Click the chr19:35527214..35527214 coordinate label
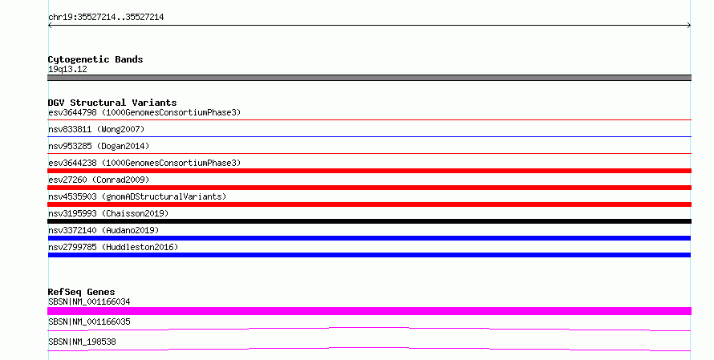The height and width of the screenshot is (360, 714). tap(106, 18)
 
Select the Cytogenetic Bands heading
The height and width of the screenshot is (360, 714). tap(95, 59)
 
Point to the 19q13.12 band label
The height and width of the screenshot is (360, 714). tap(67, 69)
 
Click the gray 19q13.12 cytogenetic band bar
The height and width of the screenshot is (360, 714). tap(369, 78)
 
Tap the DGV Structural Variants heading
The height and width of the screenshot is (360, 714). tap(112, 103)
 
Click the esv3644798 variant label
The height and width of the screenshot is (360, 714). tap(144, 112)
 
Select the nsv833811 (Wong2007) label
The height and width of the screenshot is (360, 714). tap(96, 129)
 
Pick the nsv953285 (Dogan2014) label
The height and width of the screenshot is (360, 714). tap(99, 146)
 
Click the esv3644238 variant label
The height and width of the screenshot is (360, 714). tap(144, 163)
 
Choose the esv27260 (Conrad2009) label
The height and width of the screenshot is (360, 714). tap(99, 180)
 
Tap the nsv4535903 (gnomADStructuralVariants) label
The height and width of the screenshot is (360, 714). tap(137, 196)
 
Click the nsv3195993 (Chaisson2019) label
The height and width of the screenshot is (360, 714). tap(108, 213)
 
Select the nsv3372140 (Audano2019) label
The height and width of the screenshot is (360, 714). tap(103, 230)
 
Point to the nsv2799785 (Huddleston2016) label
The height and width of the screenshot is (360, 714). tap(113, 247)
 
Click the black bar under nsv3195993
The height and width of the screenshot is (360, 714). tap(369, 221)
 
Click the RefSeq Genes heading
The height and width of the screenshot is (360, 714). tap(81, 292)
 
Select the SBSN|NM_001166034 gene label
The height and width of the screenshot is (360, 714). tap(89, 301)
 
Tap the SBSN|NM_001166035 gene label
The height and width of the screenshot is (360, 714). tap(89, 322)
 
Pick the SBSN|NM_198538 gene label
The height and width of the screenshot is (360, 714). tap(82, 342)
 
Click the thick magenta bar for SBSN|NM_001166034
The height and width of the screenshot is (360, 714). tap(369, 311)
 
